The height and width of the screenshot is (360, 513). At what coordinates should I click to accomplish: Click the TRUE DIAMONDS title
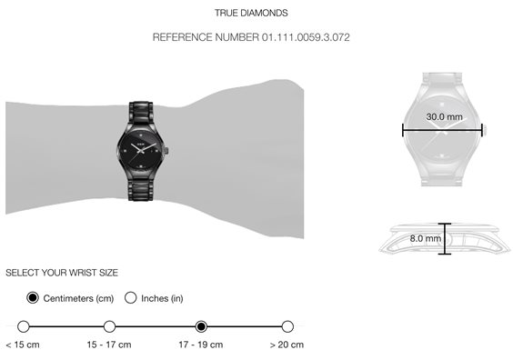coord(251,13)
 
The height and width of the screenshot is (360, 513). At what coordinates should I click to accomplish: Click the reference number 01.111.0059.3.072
coord(306,37)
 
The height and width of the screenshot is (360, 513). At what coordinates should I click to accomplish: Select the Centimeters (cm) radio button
coord(33,298)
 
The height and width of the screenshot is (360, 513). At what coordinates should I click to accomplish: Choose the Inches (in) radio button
coord(131,298)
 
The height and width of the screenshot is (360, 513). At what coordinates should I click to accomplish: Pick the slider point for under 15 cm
coord(24,326)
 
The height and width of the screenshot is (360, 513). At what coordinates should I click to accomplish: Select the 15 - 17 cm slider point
coord(109,326)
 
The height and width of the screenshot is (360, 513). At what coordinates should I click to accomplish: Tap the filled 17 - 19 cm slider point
coord(201,326)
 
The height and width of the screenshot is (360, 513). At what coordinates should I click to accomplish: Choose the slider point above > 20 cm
coord(287,326)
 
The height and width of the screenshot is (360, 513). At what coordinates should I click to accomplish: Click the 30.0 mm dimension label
coord(444,116)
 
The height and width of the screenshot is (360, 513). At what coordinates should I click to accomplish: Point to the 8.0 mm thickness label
coord(426,238)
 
